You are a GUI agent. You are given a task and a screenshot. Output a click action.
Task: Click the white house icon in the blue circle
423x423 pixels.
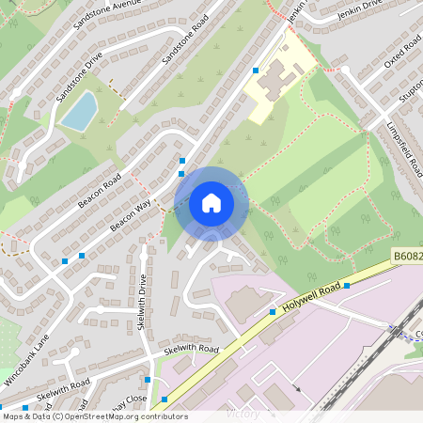(211, 202)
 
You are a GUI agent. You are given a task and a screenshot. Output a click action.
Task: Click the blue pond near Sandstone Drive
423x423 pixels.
(80, 111)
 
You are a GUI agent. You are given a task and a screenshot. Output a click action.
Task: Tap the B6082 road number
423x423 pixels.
(405, 255)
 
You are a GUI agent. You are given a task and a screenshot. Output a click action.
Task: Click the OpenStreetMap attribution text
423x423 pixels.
(94, 416)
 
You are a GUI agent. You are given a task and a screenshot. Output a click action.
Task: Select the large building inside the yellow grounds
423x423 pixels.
(275, 80)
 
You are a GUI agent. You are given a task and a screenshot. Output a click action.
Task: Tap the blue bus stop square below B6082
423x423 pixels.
(347, 285)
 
